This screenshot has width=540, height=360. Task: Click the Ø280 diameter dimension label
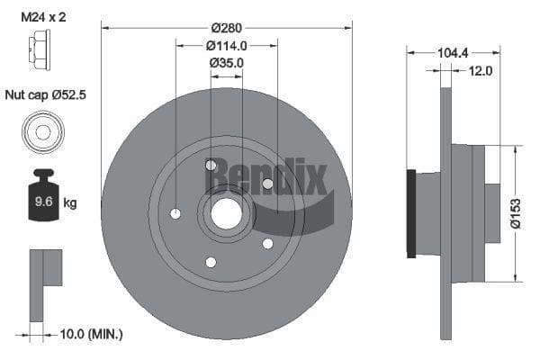tap(227, 28)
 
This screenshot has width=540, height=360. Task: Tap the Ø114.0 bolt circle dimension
tap(227, 46)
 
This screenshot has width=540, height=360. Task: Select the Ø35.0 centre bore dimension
tap(226, 63)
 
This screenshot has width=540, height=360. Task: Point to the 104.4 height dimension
tap(453, 53)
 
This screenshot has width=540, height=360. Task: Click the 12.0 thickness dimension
tap(481, 71)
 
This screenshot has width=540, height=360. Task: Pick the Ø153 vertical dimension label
tap(516, 213)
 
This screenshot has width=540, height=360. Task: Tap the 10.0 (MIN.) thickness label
tap(91, 334)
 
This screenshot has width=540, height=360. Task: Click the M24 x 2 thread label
tap(43, 17)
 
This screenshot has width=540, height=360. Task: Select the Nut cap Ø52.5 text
tap(46, 94)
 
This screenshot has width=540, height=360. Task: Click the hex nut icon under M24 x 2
tap(40, 49)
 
